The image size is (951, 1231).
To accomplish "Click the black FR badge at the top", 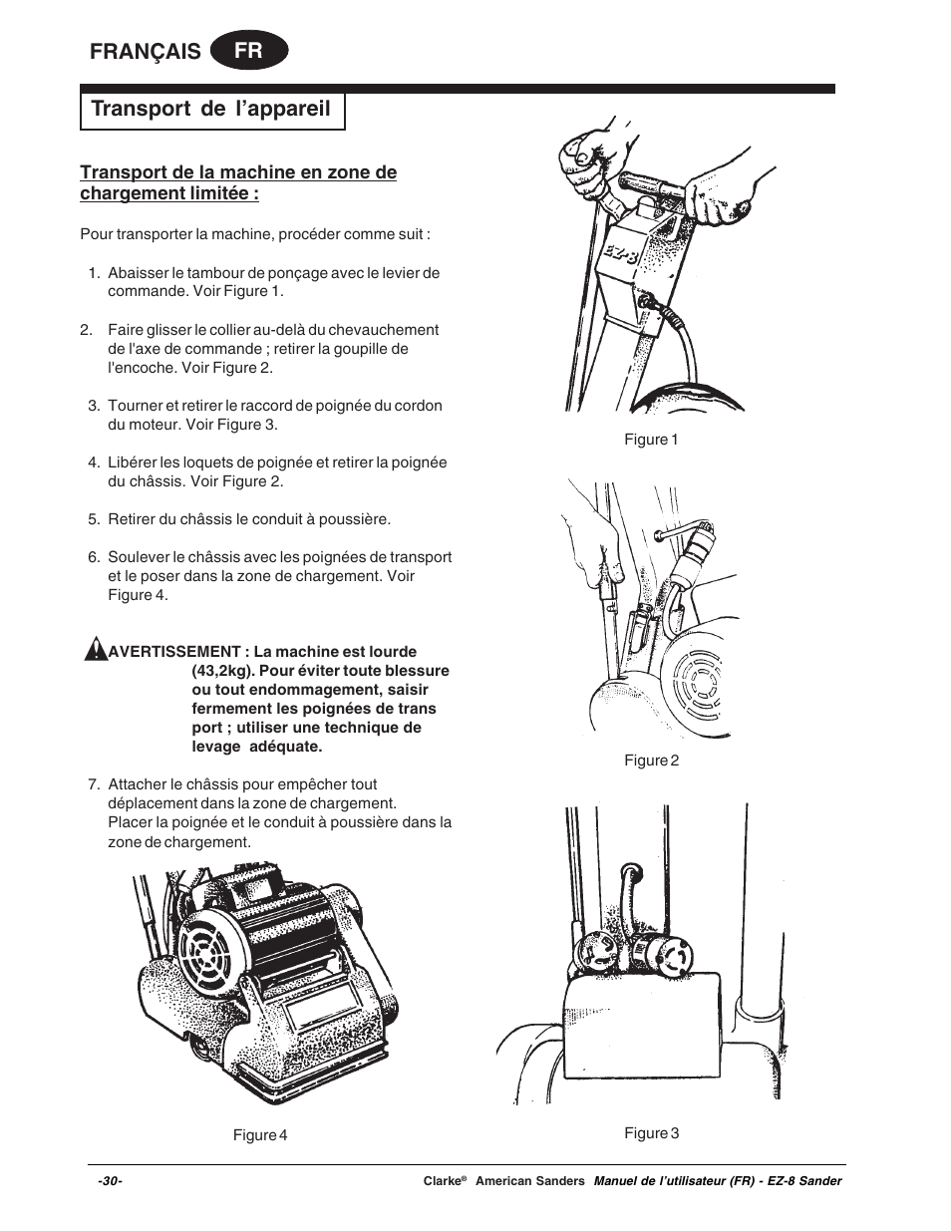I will [x=249, y=51].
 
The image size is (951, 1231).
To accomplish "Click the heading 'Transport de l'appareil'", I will [x=211, y=109].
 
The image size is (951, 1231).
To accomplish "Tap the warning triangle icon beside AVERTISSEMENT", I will [x=95, y=651].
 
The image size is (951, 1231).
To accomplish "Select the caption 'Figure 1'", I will [x=651, y=440].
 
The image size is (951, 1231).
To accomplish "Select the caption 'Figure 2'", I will [x=651, y=761].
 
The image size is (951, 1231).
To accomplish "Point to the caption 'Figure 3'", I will [x=651, y=1133].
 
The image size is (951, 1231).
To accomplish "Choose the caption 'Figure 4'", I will [x=260, y=1135].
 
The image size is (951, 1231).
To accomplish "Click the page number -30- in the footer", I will [x=110, y=1181].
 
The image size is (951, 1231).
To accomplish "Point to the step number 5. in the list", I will [x=94, y=519].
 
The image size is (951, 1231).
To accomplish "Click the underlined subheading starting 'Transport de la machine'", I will [x=238, y=182].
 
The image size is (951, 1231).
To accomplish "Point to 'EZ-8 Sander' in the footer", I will [x=803, y=1181].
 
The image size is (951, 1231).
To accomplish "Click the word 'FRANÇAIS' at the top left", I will [x=146, y=52].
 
